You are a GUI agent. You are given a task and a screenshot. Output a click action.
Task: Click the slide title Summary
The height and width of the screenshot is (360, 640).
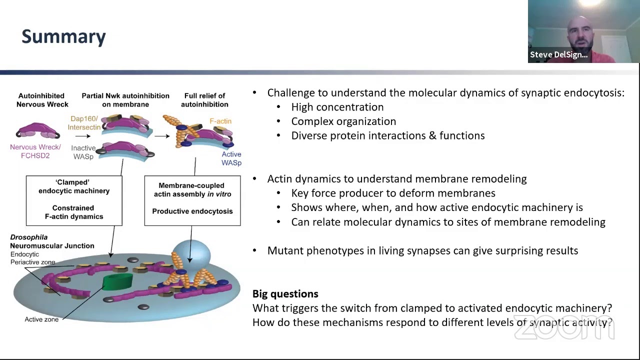(63, 36)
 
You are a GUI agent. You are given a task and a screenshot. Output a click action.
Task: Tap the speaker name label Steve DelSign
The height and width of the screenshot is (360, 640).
(558, 54)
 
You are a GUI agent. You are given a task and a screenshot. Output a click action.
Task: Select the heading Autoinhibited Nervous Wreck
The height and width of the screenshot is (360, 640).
(42, 100)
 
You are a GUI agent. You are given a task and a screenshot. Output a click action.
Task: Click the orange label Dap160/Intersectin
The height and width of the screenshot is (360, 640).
(84, 123)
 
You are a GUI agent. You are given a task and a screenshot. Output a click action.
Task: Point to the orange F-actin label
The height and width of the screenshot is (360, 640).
(220, 121)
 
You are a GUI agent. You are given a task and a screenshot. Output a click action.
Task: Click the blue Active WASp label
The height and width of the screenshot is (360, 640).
(231, 158)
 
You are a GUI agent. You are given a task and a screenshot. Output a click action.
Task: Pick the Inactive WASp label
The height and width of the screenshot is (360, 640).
(83, 152)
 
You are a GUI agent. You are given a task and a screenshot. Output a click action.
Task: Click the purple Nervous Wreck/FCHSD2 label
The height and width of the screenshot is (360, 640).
(35, 151)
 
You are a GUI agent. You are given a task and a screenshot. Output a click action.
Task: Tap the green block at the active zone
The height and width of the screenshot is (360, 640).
(117, 282)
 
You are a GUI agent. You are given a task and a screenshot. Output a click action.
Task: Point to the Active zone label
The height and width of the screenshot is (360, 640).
(41, 319)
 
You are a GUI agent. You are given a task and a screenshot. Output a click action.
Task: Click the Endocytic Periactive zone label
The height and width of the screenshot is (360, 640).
(32, 258)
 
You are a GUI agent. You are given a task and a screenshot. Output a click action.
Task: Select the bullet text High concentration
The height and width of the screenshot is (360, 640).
(337, 107)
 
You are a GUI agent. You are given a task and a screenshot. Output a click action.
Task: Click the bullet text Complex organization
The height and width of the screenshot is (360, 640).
(343, 121)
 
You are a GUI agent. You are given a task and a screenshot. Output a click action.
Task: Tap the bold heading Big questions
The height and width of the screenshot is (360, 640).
(285, 294)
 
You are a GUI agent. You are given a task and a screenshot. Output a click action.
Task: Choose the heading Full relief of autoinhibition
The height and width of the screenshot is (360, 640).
(204, 100)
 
